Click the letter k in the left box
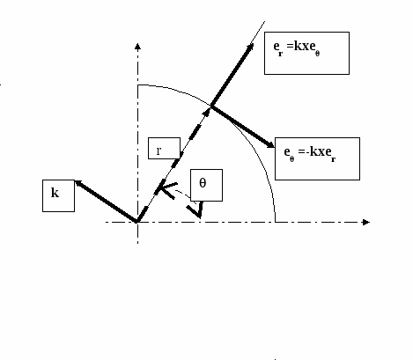click(x=55, y=193)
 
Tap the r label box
click(x=164, y=148)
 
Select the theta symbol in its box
click(x=203, y=183)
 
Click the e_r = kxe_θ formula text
click(x=297, y=48)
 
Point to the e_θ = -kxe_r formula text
click(x=310, y=153)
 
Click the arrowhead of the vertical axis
click(x=137, y=46)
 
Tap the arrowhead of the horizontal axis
click(x=366, y=222)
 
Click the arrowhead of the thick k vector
click(x=79, y=184)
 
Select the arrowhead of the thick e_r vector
click(x=250, y=48)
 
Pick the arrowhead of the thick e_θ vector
click(x=270, y=144)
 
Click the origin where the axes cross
click(x=137, y=222)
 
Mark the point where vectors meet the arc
click(x=211, y=106)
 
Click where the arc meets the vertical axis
click(x=137, y=85)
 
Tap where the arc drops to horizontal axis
click(x=275, y=222)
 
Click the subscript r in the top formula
click(x=281, y=54)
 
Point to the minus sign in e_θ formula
click(x=307, y=152)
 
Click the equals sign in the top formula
click(x=290, y=46)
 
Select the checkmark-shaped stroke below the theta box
click(x=195, y=209)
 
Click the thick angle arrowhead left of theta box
click(x=166, y=190)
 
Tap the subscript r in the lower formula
click(x=333, y=159)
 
